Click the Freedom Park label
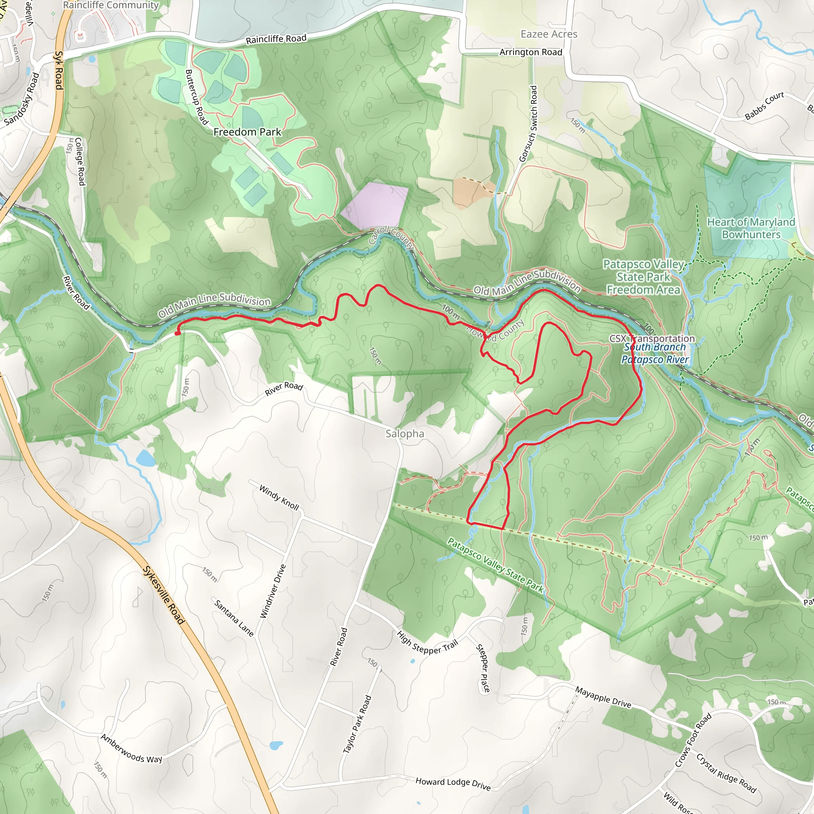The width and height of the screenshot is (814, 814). (x=247, y=132)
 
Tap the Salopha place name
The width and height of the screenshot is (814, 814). (x=405, y=434)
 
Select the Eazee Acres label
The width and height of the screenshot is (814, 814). (x=548, y=34)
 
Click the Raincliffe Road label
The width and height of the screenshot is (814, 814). (x=276, y=39)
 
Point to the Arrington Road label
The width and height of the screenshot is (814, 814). (x=531, y=52)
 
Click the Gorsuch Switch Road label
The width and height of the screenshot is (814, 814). (x=528, y=124)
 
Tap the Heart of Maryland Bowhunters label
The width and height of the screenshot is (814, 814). (x=751, y=228)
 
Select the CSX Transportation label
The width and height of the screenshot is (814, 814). (x=652, y=338)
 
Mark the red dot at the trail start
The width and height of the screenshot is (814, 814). (x=177, y=333)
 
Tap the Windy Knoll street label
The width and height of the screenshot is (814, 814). (x=279, y=497)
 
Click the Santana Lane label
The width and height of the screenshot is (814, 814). (x=234, y=618)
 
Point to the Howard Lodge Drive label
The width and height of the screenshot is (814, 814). (x=453, y=784)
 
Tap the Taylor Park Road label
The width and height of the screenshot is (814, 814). (x=357, y=724)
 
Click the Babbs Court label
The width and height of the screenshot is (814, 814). (x=764, y=106)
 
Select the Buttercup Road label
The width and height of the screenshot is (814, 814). (x=197, y=97)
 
